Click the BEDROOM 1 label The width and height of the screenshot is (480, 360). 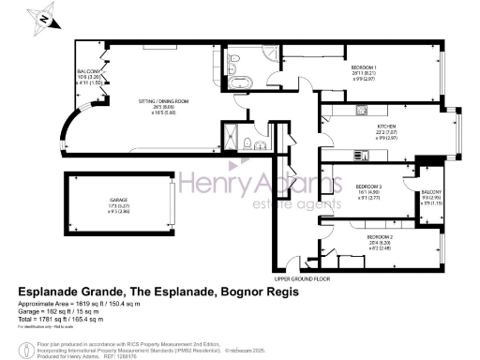[x=365, y=68]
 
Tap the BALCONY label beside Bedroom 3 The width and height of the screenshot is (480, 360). [x=433, y=192]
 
